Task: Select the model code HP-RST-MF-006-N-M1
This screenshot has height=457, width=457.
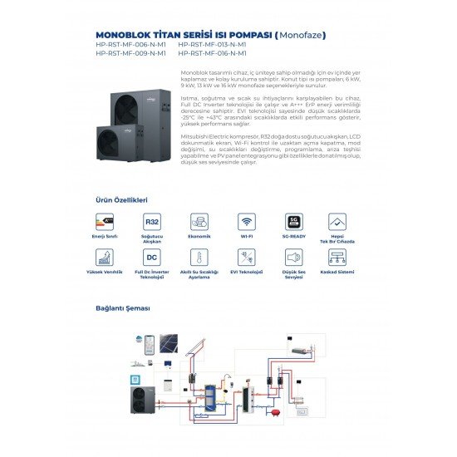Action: [x=130, y=46]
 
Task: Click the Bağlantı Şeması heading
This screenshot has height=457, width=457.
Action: [x=122, y=308]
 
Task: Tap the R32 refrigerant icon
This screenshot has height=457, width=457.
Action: [x=152, y=222]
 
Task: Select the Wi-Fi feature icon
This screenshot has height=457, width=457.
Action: [x=247, y=222]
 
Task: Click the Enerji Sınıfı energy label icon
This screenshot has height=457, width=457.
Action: [x=106, y=222]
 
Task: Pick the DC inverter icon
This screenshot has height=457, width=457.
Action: [x=152, y=258]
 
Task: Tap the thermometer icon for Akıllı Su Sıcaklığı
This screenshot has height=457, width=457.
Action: [x=199, y=258]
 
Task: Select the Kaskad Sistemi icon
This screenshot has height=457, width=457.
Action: [x=337, y=258]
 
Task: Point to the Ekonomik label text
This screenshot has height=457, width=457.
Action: [x=199, y=237]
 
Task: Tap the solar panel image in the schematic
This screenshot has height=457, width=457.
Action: [x=170, y=344]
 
